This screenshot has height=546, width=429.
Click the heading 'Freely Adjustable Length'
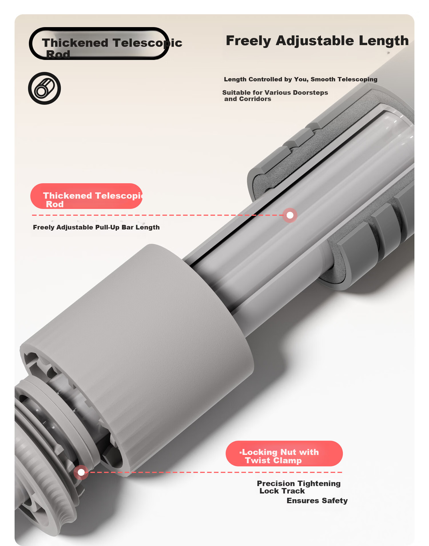coord(317,41)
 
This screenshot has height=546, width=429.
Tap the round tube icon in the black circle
coord(44,88)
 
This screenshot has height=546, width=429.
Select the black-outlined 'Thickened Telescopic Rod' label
coord(99,44)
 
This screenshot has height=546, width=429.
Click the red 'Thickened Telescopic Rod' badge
coord(86,196)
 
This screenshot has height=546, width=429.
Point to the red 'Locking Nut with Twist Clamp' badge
coord(284,454)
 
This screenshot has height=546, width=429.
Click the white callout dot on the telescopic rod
coord(290,215)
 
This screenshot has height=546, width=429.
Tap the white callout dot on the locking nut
coord(81,472)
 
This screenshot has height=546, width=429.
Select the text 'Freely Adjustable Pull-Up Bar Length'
coord(96,227)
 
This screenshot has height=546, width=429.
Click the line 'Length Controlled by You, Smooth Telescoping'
coord(301,79)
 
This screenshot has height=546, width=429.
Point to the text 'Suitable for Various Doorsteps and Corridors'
coord(275,96)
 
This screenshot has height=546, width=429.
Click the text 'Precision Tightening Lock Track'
coord(299,487)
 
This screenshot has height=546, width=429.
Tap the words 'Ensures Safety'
coord(317,501)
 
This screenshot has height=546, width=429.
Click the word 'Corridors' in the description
coord(255,99)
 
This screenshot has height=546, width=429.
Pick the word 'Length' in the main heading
coord(384,41)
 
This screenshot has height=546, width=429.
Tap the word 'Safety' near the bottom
coord(335,501)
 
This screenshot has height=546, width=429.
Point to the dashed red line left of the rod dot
coord(157,215)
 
